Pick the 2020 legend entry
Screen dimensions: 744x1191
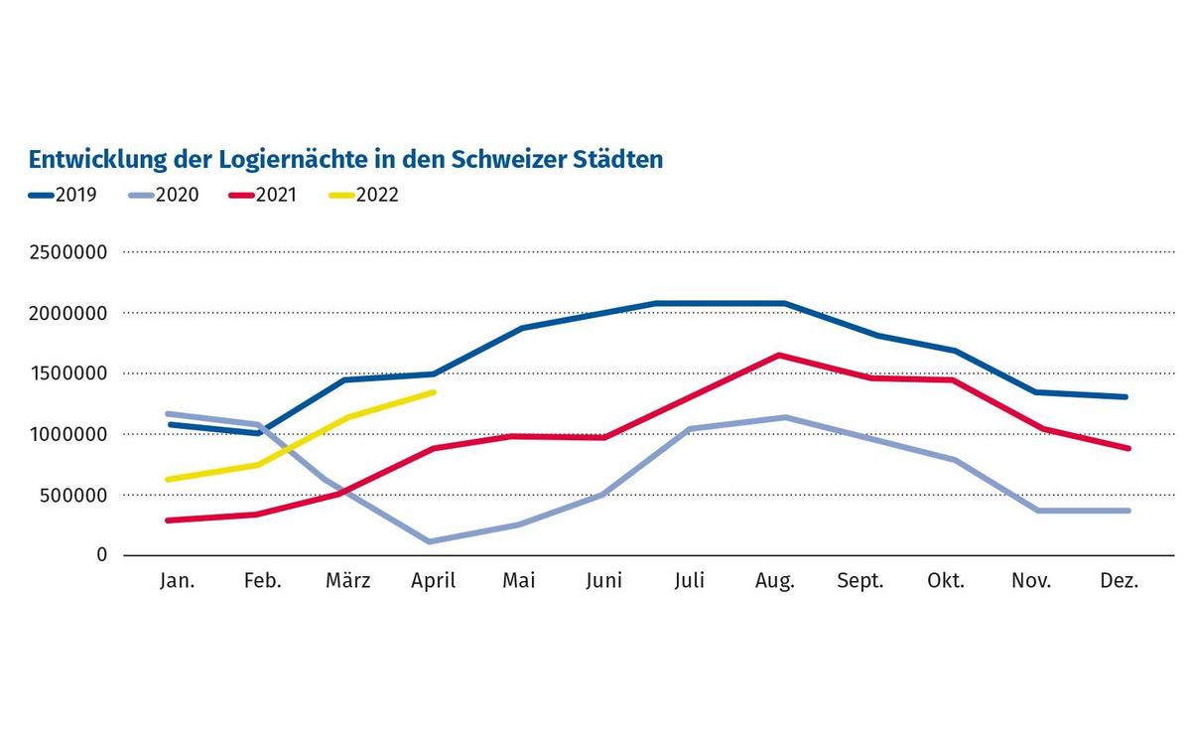[x=164, y=195]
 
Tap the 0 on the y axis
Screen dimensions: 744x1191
[x=101, y=555]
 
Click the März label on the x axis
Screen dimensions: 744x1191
[x=347, y=581]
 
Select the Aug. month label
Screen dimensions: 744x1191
[x=774, y=581]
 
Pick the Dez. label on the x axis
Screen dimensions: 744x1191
[x=1120, y=581]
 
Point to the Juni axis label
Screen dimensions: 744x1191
[x=604, y=581]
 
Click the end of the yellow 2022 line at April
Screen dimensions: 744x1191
[x=434, y=392]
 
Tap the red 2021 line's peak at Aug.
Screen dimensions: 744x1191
[x=780, y=355]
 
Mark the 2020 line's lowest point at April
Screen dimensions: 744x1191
[x=429, y=541]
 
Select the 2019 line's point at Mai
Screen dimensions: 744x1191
[x=521, y=328]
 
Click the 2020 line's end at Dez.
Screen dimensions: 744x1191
[x=1127, y=511]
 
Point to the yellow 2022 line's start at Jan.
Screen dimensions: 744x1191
[x=169, y=479]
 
